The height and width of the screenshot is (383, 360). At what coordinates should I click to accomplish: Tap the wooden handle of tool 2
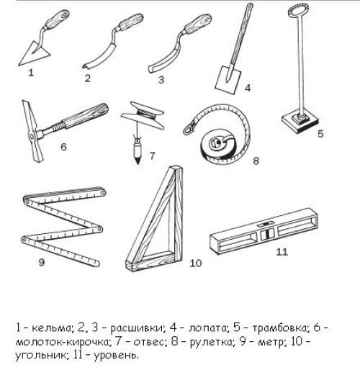tap(131, 22)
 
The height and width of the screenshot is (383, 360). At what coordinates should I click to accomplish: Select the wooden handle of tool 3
tap(199, 23)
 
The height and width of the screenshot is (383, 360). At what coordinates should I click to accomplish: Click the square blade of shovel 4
tap(228, 80)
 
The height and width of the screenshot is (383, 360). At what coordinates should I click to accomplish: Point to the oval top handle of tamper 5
tap(298, 11)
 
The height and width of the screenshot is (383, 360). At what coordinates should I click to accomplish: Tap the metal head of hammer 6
tap(32, 132)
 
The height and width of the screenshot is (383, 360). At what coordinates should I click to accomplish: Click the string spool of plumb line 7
tap(143, 115)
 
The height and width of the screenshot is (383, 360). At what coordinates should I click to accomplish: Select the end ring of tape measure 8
tap(189, 129)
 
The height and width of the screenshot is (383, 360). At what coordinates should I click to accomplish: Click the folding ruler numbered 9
tap(63, 226)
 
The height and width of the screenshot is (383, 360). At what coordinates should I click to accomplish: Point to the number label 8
tap(256, 161)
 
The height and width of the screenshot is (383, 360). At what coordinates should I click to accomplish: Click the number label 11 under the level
tap(282, 252)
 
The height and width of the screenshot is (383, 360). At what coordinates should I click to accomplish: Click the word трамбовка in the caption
tap(279, 328)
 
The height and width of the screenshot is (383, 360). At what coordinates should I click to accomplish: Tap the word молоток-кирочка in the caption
tap(62, 341)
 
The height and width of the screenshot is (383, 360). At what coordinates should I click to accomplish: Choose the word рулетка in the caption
tap(212, 342)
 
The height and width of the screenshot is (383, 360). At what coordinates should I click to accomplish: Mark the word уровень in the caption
tap(116, 356)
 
